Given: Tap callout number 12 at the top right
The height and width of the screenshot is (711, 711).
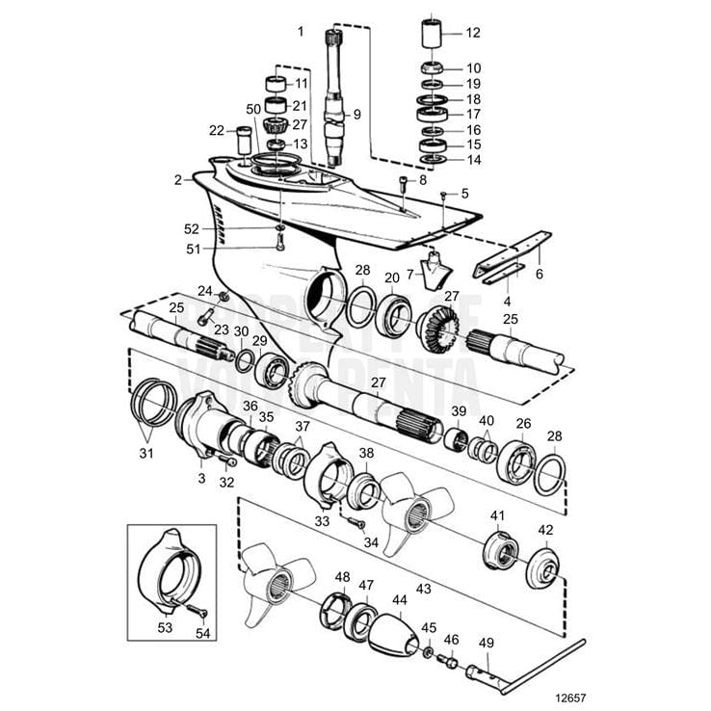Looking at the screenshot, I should click(x=472, y=32).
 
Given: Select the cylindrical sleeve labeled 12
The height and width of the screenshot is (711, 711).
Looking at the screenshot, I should click(x=431, y=33).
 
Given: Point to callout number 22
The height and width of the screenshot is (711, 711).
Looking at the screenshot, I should click(x=216, y=130).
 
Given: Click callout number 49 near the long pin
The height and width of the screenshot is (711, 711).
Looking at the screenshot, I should click(x=486, y=642).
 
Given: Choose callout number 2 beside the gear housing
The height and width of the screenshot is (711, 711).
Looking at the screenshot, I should click(x=178, y=179).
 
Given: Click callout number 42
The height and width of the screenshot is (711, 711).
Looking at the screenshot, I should click(x=545, y=529).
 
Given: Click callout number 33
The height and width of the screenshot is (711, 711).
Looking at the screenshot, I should click(x=321, y=521).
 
